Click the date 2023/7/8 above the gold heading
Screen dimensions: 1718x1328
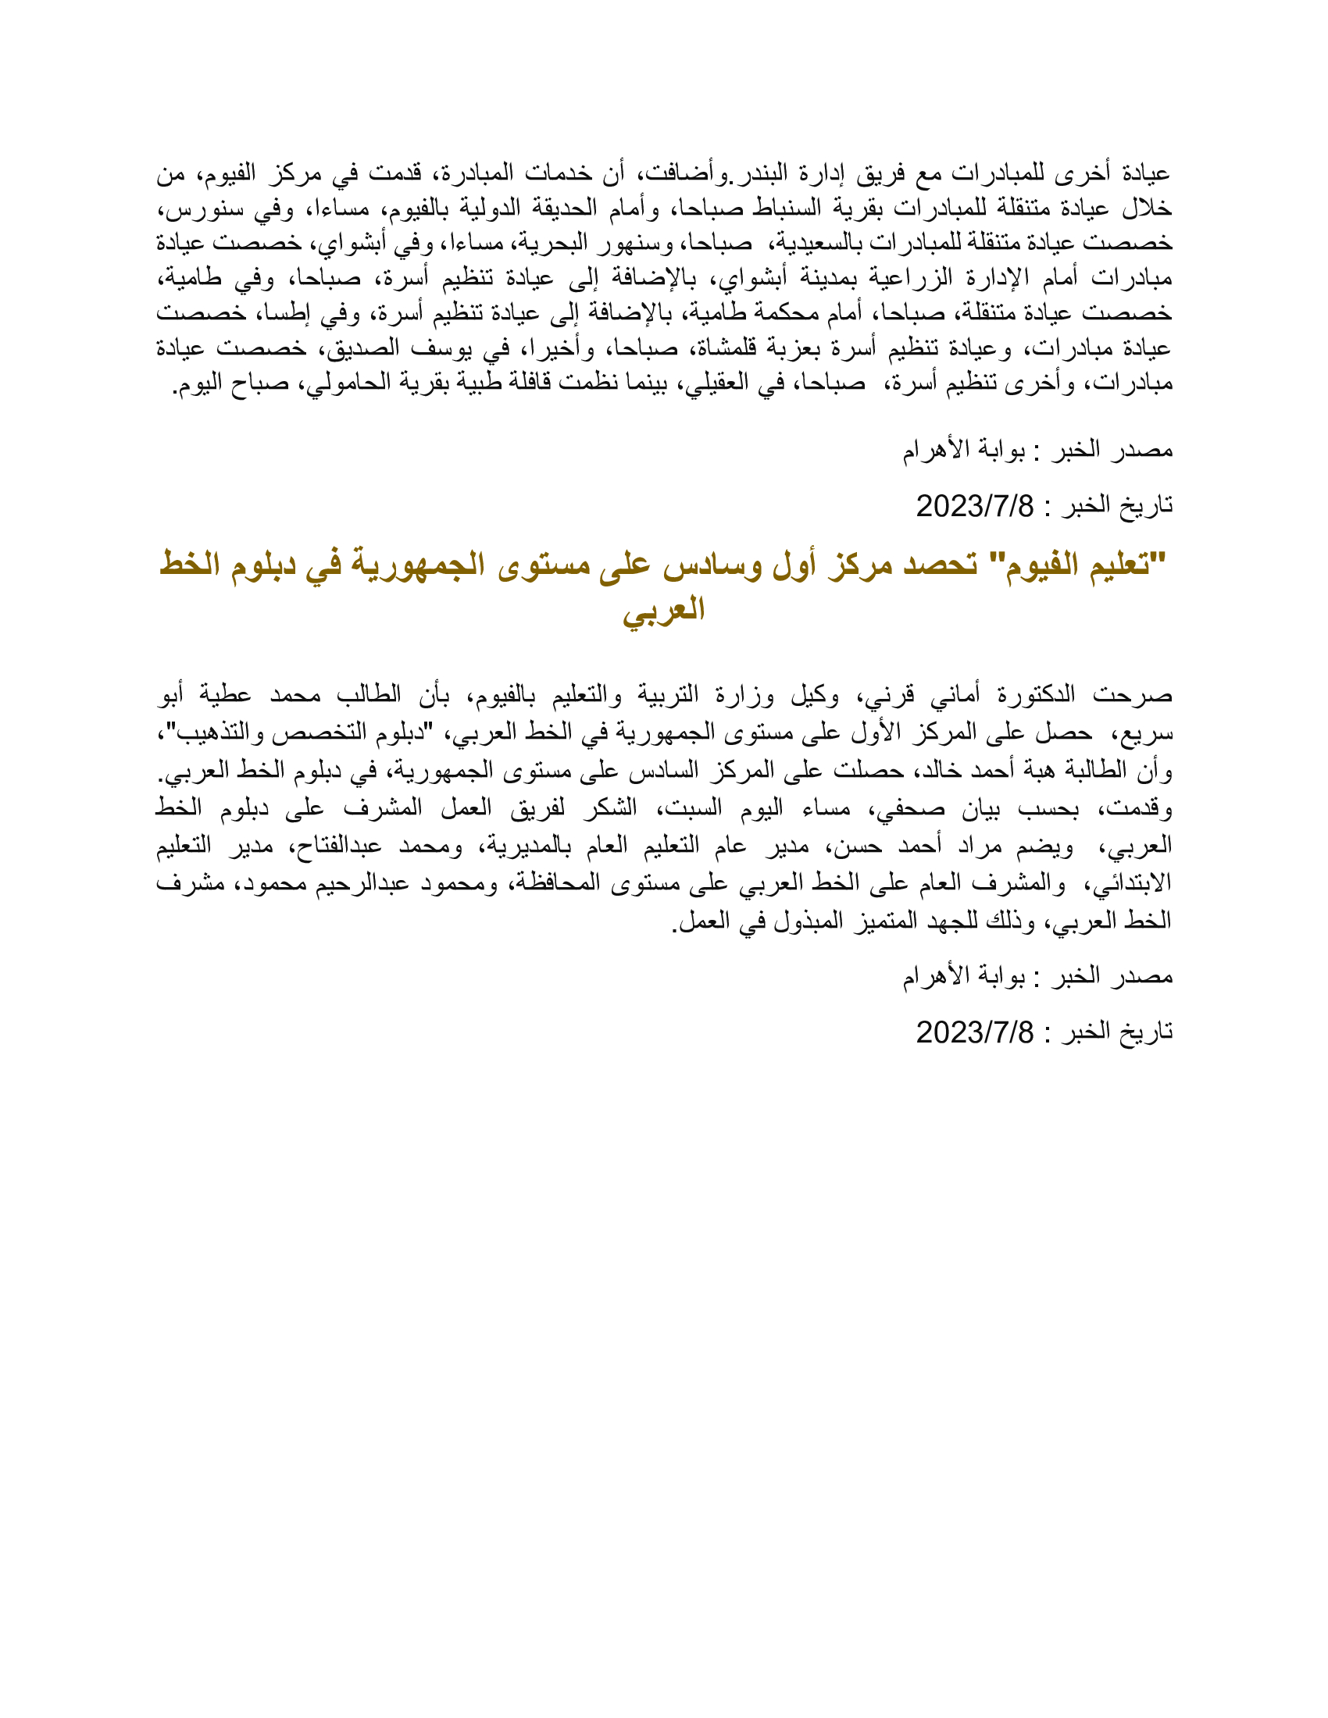pos(975,505)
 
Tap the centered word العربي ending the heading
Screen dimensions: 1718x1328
pos(663,608)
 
